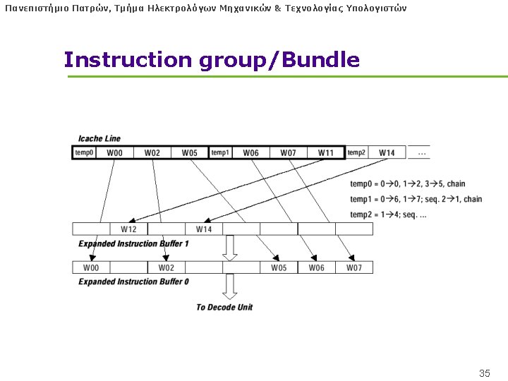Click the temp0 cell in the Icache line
point(85,152)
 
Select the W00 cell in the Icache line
point(114,152)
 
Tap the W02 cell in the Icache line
point(152,152)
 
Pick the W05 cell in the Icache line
point(190,152)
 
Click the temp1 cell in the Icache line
point(221,152)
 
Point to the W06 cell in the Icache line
point(250,152)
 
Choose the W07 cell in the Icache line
point(288,152)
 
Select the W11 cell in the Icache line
point(325,152)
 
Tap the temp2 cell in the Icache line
point(356,152)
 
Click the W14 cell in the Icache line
point(387,152)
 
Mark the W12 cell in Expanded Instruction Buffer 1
point(128,229)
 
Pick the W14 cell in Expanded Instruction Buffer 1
point(204,229)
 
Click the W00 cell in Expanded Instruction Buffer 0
point(91,267)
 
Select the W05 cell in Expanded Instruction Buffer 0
point(279,267)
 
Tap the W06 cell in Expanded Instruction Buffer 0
point(316,267)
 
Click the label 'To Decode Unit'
point(224,307)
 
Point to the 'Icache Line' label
point(99,138)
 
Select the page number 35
point(485,373)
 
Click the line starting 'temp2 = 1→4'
point(388,214)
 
